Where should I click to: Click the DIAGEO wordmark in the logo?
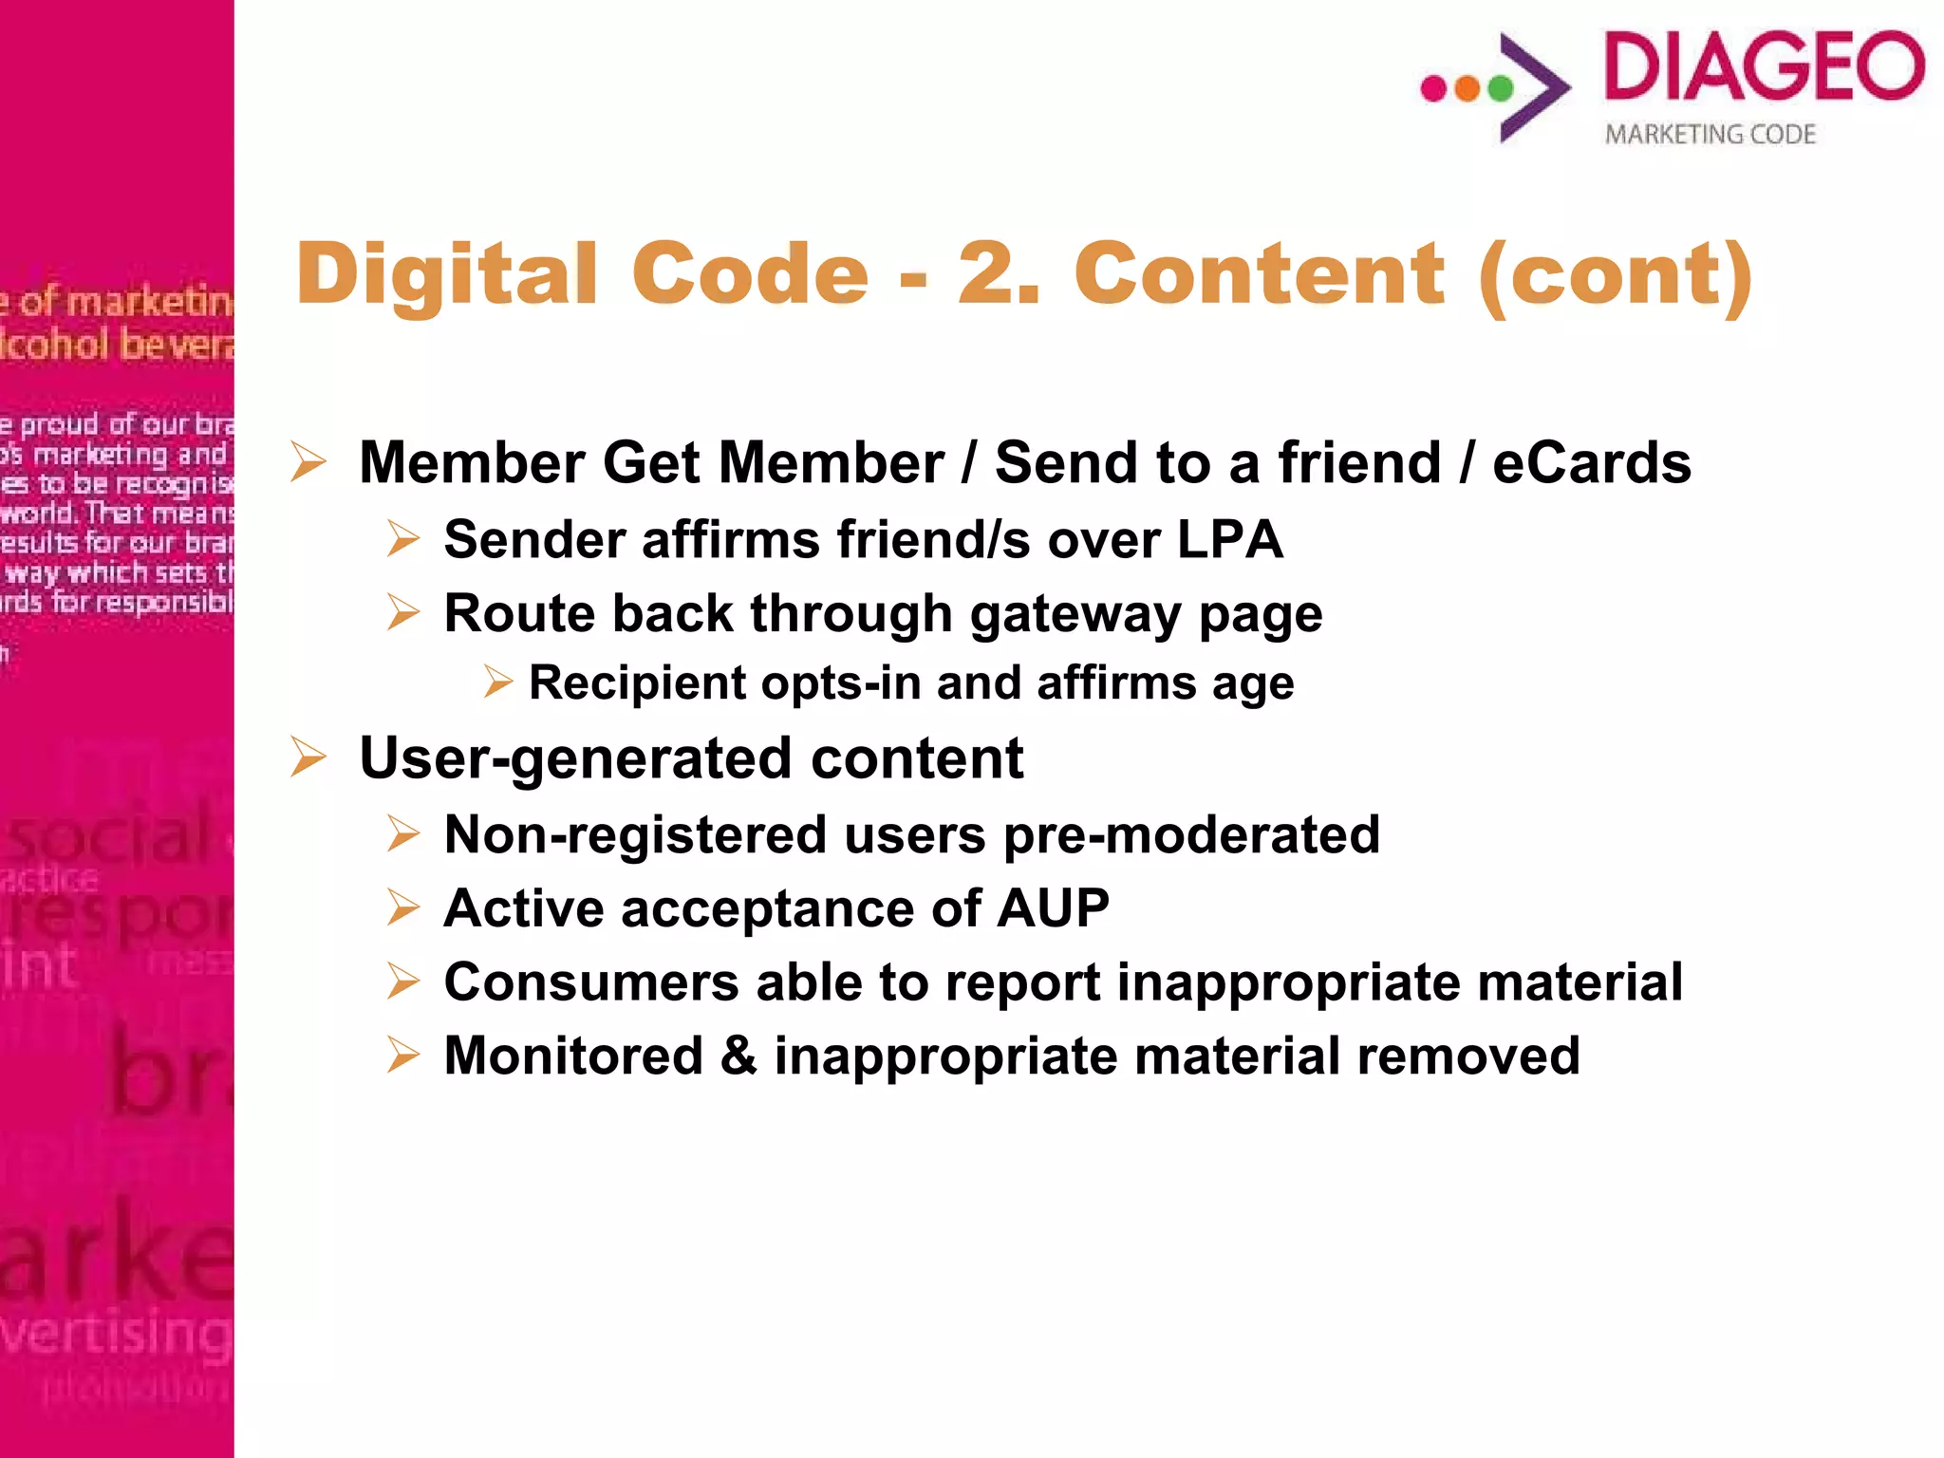tap(1764, 65)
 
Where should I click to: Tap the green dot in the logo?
tap(1501, 88)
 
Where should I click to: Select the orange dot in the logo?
tap(1467, 88)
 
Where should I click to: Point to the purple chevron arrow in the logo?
tap(1533, 87)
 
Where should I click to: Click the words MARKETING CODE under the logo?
tap(1710, 135)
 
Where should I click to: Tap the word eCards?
tap(1591, 463)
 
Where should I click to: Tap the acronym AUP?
tap(1054, 908)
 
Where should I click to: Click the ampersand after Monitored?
tap(738, 1056)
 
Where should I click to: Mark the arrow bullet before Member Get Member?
tap(308, 462)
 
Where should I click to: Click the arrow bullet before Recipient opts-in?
tap(497, 682)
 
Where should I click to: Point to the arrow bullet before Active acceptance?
tap(403, 907)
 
